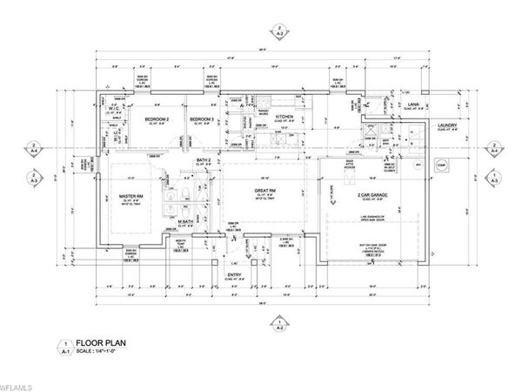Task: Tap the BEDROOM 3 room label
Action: pos(202,119)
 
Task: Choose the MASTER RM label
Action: pos(130,196)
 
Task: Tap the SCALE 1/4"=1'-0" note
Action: pos(97,353)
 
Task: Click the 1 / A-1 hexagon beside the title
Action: pos(63,348)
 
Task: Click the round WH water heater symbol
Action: pos(416,165)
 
